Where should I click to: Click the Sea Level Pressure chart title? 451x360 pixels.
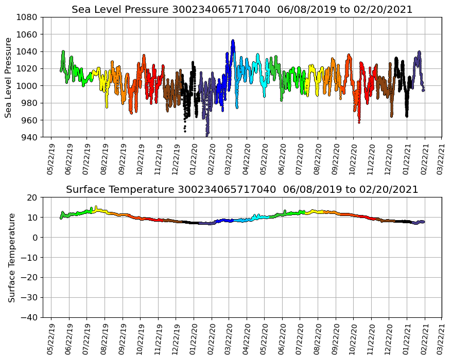[x=242, y=10]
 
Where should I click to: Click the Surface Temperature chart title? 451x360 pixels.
[x=242, y=190]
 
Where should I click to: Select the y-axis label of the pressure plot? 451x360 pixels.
[x=9, y=77]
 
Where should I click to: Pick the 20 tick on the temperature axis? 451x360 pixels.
[x=33, y=197]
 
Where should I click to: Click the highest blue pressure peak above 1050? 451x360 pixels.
[x=233, y=41]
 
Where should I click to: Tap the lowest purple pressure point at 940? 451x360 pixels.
[x=207, y=136]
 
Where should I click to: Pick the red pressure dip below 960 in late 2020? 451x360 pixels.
[x=359, y=122]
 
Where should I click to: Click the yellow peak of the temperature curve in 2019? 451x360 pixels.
[x=96, y=207]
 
